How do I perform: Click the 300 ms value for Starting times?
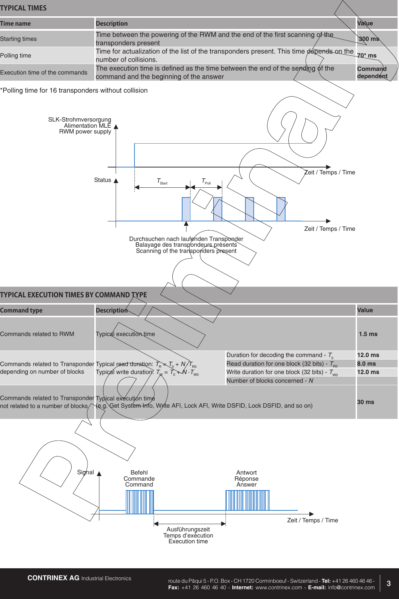pyautogui.click(x=369, y=39)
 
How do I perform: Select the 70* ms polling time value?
pyautogui.click(x=367, y=56)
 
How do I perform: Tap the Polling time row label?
pyautogui.click(x=16, y=56)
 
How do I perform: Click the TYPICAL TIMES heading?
pyautogui.click(x=23, y=8)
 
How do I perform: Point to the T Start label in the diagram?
pyautogui.click(x=162, y=181)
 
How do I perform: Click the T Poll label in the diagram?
pyautogui.click(x=206, y=181)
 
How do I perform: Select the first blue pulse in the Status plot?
pyautogui.click(x=186, y=209)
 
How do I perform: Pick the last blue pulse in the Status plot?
pyautogui.click(x=281, y=209)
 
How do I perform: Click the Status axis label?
pyautogui.click(x=103, y=180)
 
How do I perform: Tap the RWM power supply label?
pyautogui.click(x=85, y=132)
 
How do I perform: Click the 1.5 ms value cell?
pyautogui.click(x=368, y=334)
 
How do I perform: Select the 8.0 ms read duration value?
pyautogui.click(x=366, y=364)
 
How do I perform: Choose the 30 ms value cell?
pyautogui.click(x=366, y=402)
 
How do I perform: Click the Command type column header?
pyautogui.click(x=21, y=310)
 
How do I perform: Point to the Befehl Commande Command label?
pyautogui.click(x=139, y=479)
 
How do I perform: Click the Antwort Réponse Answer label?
pyautogui.click(x=246, y=479)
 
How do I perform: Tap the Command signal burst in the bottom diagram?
pyautogui.click(x=140, y=502)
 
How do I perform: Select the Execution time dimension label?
pyautogui.click(x=188, y=535)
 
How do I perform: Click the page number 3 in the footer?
pyautogui.click(x=389, y=583)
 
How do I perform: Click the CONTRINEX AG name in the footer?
pyautogui.click(x=53, y=578)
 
